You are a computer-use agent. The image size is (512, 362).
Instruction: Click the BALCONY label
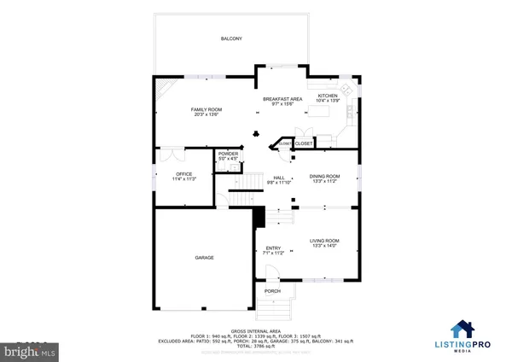[230, 39]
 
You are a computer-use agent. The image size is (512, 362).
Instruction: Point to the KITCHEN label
[329, 96]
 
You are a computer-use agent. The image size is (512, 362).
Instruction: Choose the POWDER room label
[228, 153]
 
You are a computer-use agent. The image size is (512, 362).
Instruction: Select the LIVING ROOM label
[325, 241]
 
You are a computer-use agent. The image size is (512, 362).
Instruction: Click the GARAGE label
[204, 257]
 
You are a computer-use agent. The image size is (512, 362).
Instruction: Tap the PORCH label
[272, 291]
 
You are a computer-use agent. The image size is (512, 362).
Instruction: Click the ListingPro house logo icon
[463, 330]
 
